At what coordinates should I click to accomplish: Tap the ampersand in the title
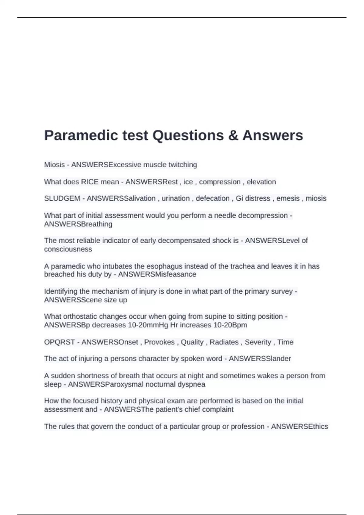click(233, 135)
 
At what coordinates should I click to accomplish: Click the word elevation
click(261, 182)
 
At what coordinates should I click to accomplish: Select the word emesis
click(288, 198)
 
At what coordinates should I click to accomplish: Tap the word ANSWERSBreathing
click(78, 224)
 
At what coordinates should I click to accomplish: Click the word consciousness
click(68, 249)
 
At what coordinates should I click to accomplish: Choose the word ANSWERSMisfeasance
click(157, 274)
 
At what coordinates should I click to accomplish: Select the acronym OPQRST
click(59, 342)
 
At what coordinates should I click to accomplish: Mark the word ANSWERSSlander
click(260, 359)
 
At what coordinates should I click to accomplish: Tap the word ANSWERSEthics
click(299, 427)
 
